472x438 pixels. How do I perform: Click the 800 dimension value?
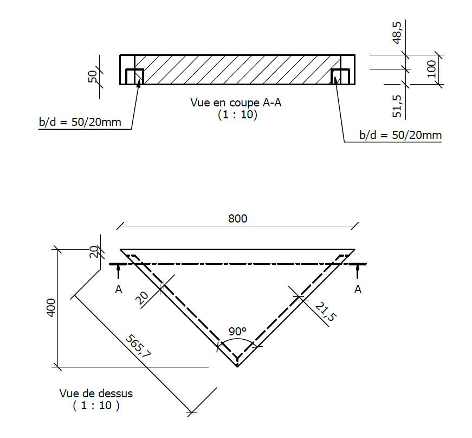tap(237, 218)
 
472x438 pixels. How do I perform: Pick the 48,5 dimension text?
tap(397, 34)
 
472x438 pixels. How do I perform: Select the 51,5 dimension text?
tap(397, 105)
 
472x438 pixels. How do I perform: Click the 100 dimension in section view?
tap(431, 69)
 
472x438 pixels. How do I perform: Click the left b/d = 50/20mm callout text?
tap(80, 122)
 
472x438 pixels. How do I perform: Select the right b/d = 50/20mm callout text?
tap(400, 135)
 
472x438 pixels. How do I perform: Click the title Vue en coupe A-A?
tap(236, 103)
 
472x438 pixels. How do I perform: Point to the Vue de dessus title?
tap(96, 393)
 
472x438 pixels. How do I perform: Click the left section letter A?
tap(118, 290)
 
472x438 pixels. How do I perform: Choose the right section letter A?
tap(358, 290)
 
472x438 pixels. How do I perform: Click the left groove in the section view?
tap(134, 77)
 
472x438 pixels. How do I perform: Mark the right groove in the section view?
tap(340, 77)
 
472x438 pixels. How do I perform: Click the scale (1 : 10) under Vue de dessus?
tap(96, 405)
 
